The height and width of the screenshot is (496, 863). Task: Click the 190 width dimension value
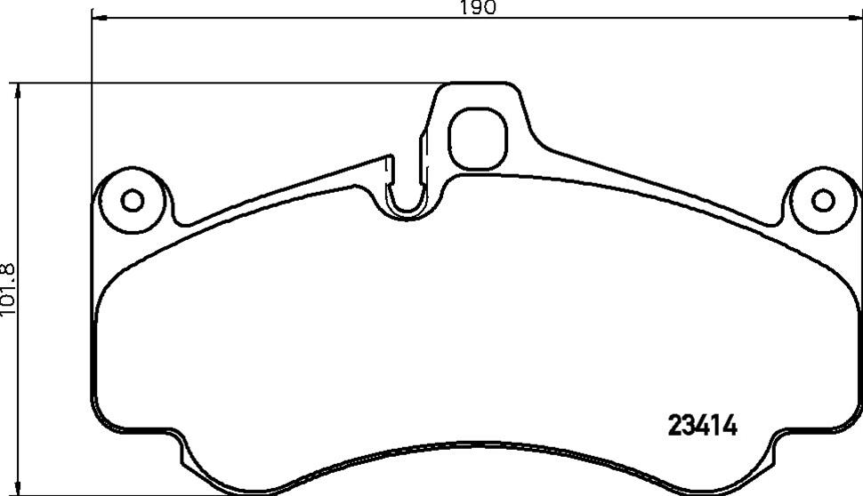coord(477,8)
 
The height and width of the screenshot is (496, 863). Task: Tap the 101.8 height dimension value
coord(9,289)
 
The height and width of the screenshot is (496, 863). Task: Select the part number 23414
coord(703,428)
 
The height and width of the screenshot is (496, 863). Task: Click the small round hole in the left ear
coord(133,200)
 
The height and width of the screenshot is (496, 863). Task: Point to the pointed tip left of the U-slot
coord(390,157)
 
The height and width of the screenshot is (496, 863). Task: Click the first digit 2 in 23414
coord(674,428)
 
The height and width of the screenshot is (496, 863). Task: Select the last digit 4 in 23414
coord(731,428)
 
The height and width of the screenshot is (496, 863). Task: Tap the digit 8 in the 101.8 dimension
coord(9,268)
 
